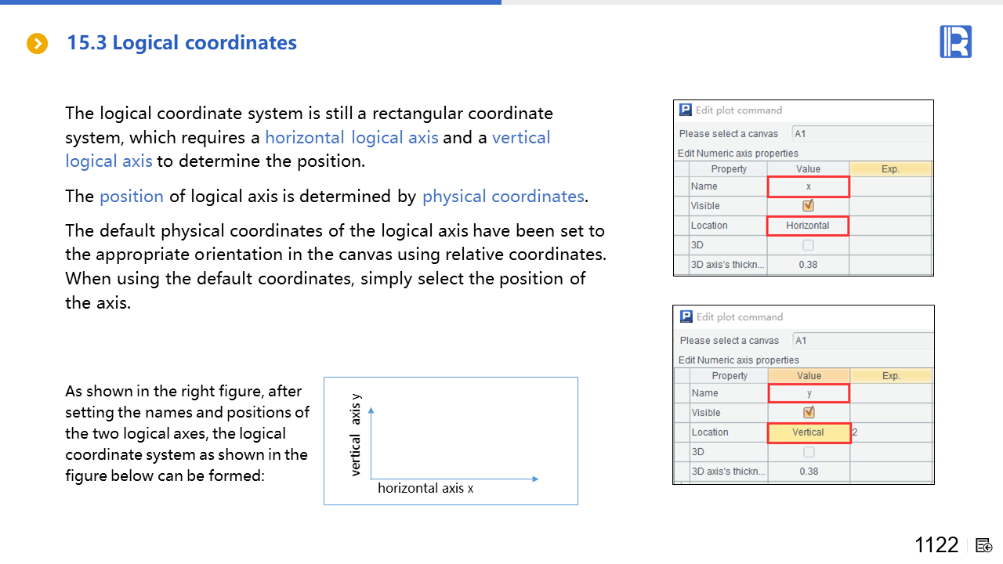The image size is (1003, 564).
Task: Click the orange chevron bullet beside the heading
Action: (x=37, y=43)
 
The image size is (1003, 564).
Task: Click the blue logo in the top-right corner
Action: (x=955, y=42)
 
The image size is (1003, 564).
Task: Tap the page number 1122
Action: (x=936, y=545)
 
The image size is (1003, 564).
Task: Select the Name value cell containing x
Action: (x=808, y=186)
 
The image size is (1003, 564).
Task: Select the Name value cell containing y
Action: (x=809, y=393)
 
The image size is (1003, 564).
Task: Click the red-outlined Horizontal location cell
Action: (x=808, y=226)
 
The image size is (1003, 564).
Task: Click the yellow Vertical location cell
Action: (x=809, y=433)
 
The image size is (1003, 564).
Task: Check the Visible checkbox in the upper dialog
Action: (x=808, y=205)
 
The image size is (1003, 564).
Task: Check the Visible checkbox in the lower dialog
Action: (x=809, y=412)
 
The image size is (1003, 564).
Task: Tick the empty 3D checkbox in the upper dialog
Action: (x=808, y=245)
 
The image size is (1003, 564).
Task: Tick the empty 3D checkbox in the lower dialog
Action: (x=809, y=452)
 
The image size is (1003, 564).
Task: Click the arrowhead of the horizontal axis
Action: (x=535, y=479)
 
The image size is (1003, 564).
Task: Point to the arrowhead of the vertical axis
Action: (x=371, y=410)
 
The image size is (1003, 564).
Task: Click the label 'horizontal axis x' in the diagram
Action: (x=425, y=488)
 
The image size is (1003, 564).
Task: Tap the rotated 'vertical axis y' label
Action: (x=355, y=435)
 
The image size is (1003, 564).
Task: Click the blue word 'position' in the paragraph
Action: (x=131, y=197)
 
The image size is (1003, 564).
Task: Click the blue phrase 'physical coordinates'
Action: (x=503, y=197)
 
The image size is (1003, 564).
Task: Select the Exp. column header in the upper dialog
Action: (x=890, y=168)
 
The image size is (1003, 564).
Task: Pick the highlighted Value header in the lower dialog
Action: (x=809, y=375)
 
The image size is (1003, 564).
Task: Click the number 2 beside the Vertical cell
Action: (x=855, y=432)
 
